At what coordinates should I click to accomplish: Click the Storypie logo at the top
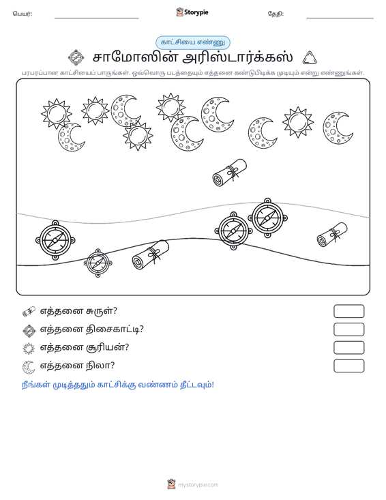coord(192,12)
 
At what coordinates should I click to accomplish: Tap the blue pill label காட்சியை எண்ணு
coord(193,42)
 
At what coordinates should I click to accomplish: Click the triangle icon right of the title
coord(310,58)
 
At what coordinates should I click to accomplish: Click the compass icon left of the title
coord(76,58)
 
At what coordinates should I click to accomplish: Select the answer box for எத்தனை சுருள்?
coord(348,311)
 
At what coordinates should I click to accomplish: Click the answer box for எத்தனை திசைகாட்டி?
coord(348,329)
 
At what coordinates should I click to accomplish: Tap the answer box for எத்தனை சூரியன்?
coord(348,348)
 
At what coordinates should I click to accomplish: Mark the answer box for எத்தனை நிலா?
coord(348,366)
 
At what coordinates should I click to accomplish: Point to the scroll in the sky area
coord(230,173)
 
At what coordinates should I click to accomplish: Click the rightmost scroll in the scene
coord(332,235)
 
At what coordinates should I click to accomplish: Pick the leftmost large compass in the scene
coord(55,240)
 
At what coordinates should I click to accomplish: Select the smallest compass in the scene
coord(98,263)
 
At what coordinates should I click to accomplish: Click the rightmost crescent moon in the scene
coord(338,128)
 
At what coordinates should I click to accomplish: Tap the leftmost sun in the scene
coord(57,113)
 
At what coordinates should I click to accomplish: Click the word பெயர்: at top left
coord(23,14)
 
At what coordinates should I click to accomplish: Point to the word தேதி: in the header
coord(276,14)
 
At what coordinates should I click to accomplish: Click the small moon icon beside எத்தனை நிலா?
coord(29,367)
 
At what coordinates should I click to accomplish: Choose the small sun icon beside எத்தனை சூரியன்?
coord(29,349)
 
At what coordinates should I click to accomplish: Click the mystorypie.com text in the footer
coord(198,485)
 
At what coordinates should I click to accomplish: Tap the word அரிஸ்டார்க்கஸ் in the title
coord(238,58)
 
